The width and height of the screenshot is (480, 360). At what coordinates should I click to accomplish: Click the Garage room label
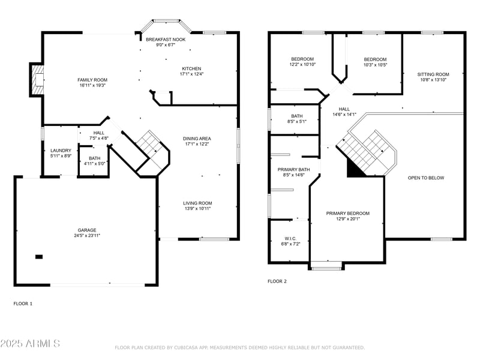[86, 230]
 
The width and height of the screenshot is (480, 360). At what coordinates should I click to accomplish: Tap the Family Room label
[92, 80]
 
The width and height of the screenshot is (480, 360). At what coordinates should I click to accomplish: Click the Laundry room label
[61, 151]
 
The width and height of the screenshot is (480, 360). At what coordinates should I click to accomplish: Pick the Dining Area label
[197, 139]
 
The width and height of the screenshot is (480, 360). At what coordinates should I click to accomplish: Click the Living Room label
[197, 203]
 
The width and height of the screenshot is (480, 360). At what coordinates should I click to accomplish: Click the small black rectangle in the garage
[39, 257]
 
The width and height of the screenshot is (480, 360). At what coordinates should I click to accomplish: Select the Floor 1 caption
[23, 304]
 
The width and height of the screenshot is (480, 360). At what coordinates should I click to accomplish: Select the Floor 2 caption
[277, 281]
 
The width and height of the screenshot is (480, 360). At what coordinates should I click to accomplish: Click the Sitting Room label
[433, 74]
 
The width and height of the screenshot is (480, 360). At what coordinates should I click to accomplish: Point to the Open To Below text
[426, 178]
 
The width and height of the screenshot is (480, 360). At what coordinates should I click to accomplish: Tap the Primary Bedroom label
[347, 214]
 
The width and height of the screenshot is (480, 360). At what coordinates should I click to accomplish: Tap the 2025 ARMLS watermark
[30, 344]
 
